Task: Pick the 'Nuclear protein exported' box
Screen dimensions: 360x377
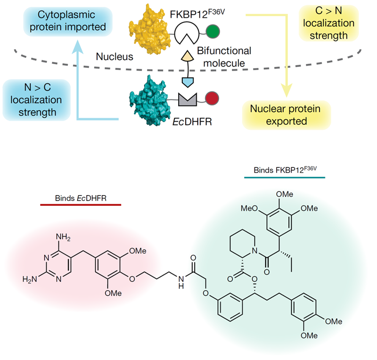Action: coord(286,115)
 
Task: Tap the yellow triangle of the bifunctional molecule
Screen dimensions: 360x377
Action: coord(187,57)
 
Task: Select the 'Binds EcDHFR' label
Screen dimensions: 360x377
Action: coord(80,197)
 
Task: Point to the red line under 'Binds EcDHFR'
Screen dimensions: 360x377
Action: coord(80,205)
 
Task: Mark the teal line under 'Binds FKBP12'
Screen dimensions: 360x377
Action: coord(285,178)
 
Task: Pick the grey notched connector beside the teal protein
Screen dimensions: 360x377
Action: coord(187,98)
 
